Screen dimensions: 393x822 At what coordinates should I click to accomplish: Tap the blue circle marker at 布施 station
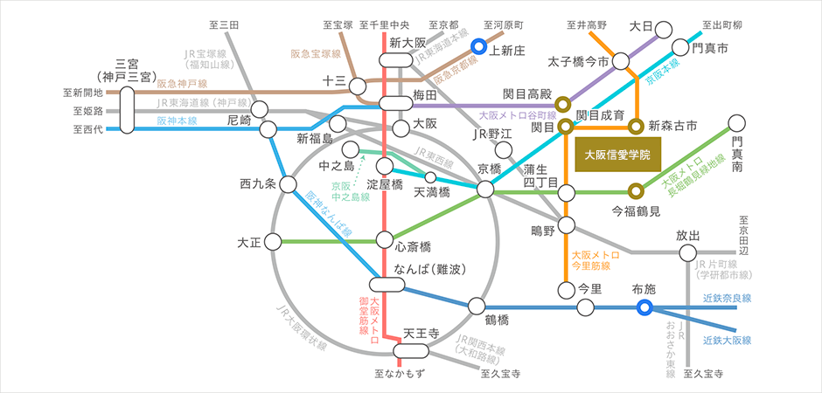click(644, 307)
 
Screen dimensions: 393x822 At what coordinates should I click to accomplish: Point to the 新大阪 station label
click(407, 42)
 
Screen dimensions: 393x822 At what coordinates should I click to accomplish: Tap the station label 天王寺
click(421, 334)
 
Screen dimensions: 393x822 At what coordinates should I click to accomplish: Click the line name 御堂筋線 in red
click(365, 314)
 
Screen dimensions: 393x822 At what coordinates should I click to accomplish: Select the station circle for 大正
click(274, 240)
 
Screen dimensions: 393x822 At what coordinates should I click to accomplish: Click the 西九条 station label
click(257, 184)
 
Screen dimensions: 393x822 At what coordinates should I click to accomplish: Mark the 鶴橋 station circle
click(477, 306)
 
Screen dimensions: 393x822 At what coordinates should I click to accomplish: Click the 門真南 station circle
click(738, 125)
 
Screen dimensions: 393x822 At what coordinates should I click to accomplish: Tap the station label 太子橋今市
click(578, 62)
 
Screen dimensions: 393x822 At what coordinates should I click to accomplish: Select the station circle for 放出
click(688, 253)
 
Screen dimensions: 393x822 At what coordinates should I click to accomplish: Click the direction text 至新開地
click(83, 92)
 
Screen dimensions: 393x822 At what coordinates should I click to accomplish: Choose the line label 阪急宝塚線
click(316, 53)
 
